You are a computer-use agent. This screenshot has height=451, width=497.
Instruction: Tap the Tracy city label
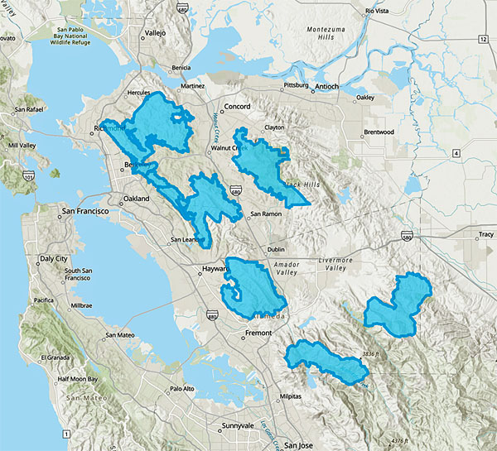tap(485, 235)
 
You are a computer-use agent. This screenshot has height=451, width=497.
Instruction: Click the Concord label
tap(237, 107)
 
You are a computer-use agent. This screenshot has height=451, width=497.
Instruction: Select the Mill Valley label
tap(22, 146)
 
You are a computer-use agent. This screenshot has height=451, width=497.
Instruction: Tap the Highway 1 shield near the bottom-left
tap(65, 434)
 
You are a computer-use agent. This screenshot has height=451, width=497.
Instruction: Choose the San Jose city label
tap(299, 445)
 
